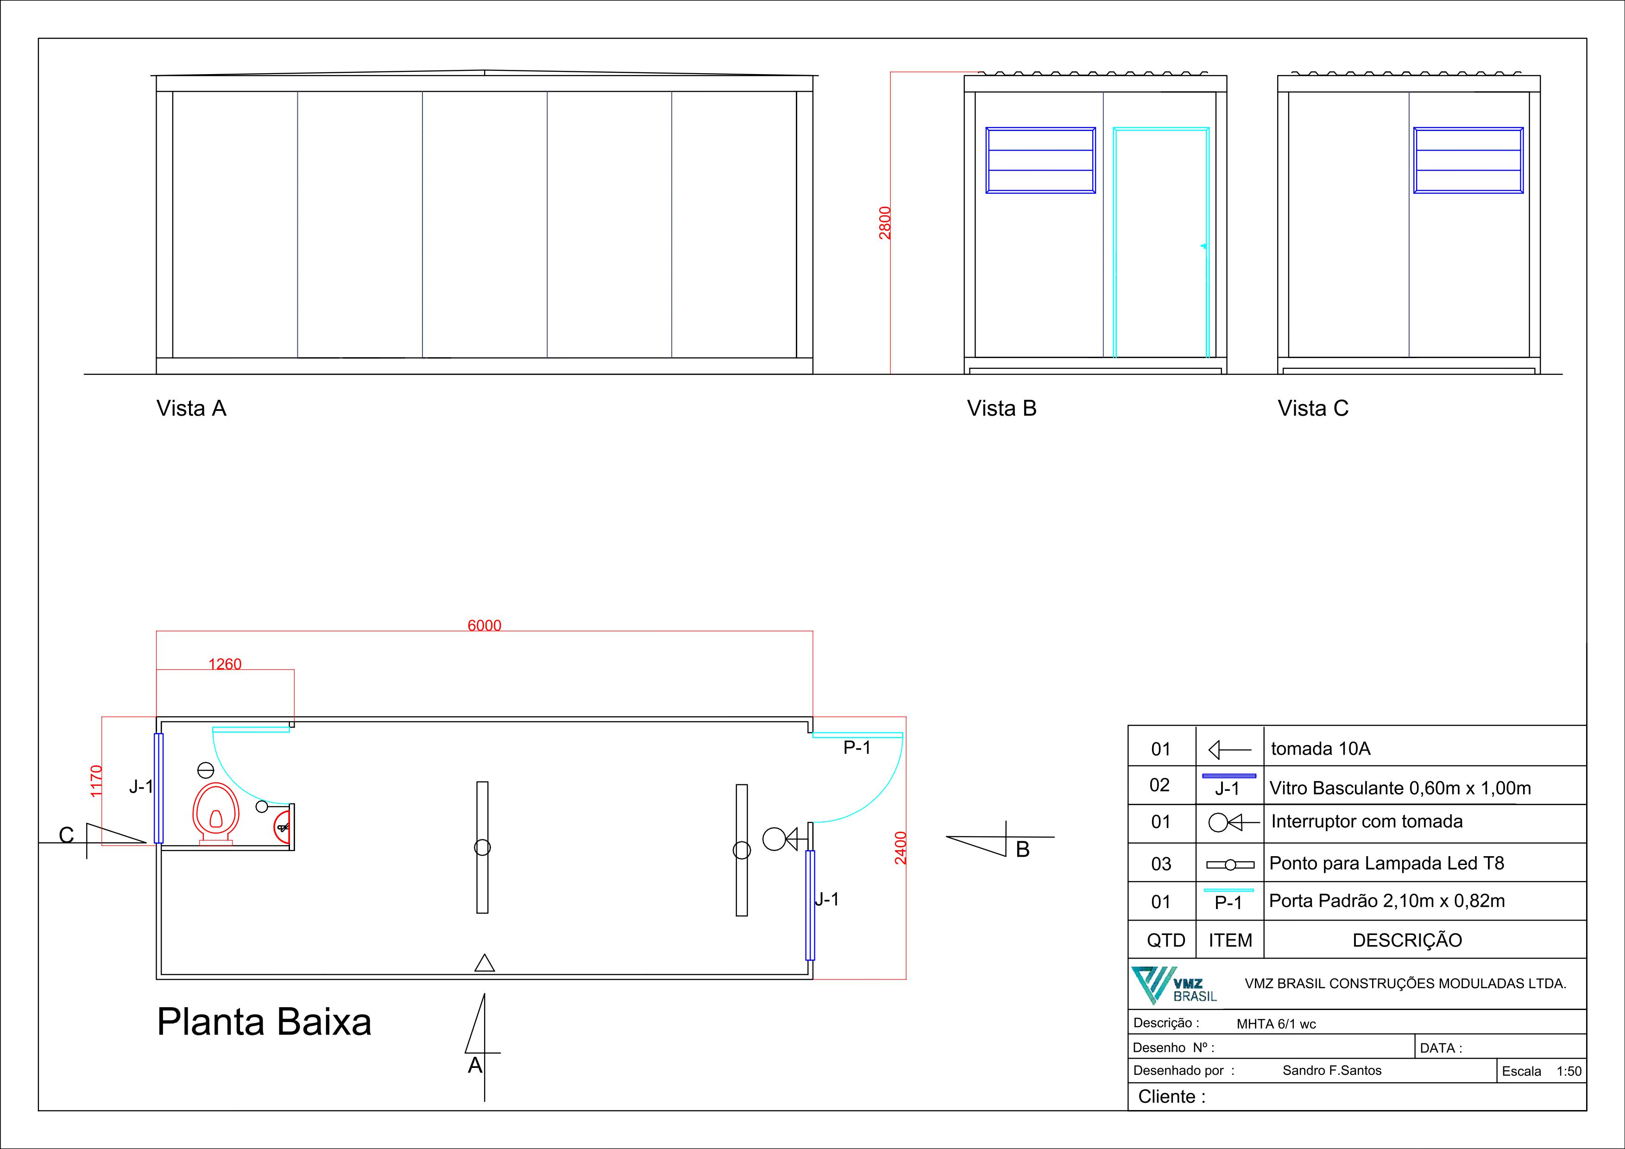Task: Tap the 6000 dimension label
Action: (x=484, y=625)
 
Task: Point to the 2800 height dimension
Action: (x=885, y=223)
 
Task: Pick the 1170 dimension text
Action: (x=96, y=780)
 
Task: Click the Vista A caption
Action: (x=191, y=409)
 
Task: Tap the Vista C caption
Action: (x=1313, y=409)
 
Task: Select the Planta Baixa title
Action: (x=264, y=1022)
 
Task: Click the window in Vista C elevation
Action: (x=1468, y=160)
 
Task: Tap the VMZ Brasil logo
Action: (x=1173, y=985)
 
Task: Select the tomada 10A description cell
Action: (x=1321, y=748)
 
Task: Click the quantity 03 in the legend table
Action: (x=1161, y=864)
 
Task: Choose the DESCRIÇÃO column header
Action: (x=1407, y=940)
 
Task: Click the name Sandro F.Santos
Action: (x=1332, y=1070)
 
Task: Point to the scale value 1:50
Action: (x=1568, y=1071)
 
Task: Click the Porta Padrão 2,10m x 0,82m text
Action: (x=1386, y=901)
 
